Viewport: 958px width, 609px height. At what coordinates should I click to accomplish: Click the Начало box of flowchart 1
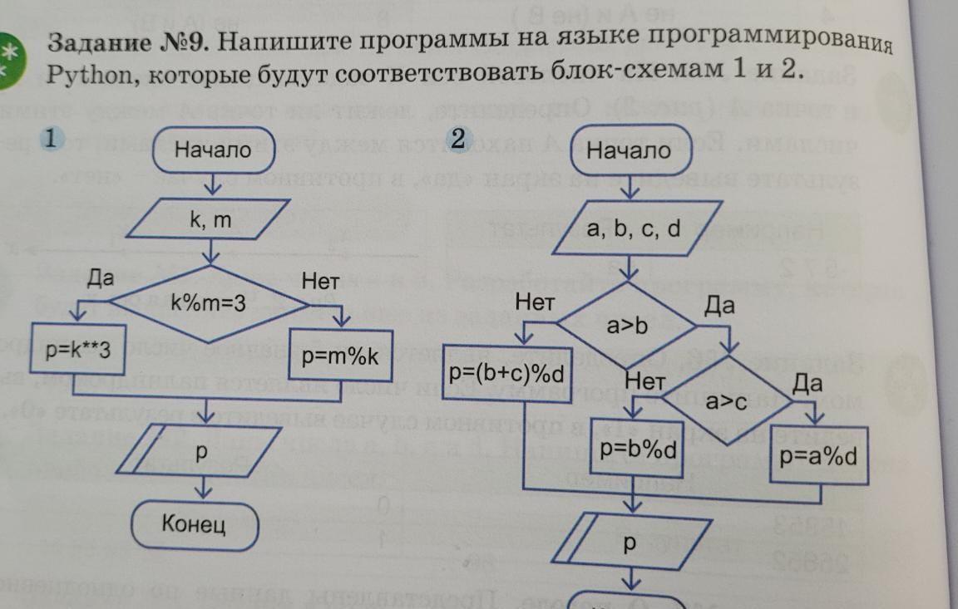pyautogui.click(x=213, y=150)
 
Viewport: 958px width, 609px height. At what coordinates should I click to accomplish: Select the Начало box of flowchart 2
pyautogui.click(x=628, y=150)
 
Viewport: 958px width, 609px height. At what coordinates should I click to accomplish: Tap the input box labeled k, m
pyautogui.click(x=210, y=221)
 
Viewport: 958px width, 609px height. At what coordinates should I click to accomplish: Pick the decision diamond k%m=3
pyautogui.click(x=209, y=304)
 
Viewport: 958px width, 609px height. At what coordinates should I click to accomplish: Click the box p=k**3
pyautogui.click(x=78, y=351)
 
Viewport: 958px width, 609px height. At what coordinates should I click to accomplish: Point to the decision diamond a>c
pyautogui.click(x=728, y=402)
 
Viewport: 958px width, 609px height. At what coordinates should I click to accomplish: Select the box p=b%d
pyautogui.click(x=637, y=452)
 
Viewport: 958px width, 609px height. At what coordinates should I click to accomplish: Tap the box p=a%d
pyautogui.click(x=819, y=456)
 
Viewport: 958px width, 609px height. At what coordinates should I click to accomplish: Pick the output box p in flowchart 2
pyautogui.click(x=630, y=543)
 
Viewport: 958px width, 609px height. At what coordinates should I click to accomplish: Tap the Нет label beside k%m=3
pyautogui.click(x=320, y=282)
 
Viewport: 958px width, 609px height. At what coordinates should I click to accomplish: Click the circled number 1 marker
pyautogui.click(x=51, y=139)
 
